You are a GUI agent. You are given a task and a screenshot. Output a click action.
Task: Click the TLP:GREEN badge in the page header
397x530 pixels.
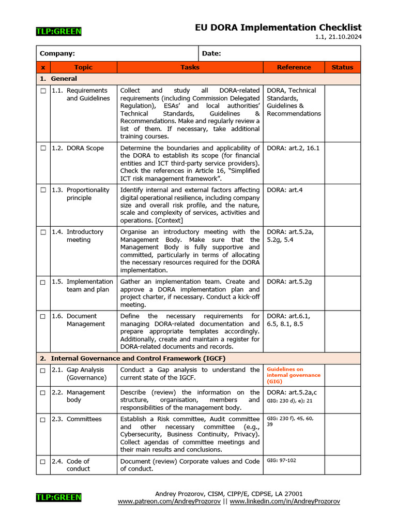(x=58, y=32)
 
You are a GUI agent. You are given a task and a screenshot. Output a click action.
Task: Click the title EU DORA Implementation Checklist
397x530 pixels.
(x=278, y=27)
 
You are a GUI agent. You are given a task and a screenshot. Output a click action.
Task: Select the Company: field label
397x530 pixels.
(x=57, y=53)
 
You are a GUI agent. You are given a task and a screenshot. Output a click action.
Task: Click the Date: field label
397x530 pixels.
(x=211, y=53)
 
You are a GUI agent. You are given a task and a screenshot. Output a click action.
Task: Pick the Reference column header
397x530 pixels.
(x=294, y=67)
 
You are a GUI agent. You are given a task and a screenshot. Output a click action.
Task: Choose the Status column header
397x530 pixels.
(x=342, y=67)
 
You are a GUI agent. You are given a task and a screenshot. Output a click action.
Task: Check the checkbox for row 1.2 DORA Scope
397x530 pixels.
(x=43, y=149)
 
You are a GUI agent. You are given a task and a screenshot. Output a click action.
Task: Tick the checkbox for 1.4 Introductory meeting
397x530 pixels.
(x=43, y=232)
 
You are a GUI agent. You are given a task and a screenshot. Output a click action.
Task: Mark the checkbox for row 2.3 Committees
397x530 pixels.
(x=43, y=419)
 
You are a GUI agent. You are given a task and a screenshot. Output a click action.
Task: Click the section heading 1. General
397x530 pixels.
(x=58, y=79)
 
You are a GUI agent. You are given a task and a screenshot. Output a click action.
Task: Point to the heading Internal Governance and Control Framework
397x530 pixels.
(x=138, y=358)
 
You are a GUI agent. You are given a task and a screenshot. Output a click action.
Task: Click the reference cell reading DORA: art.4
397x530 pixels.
(x=284, y=190)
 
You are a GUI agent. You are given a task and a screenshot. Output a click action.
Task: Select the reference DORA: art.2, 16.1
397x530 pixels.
(x=293, y=148)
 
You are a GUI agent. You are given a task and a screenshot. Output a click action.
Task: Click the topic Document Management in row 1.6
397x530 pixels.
(x=85, y=320)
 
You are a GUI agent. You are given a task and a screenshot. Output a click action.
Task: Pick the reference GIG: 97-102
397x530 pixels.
(x=281, y=460)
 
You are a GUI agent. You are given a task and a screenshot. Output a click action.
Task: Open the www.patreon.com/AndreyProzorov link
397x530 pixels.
(x=169, y=502)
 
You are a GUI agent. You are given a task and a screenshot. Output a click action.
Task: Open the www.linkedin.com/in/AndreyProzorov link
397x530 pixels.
(x=285, y=502)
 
